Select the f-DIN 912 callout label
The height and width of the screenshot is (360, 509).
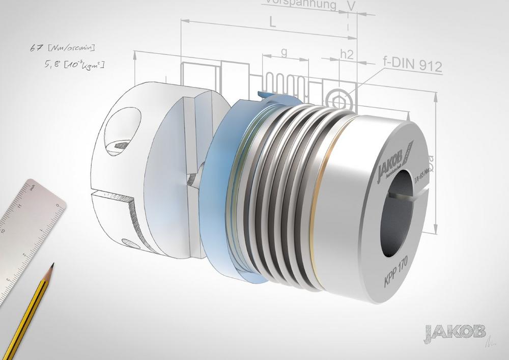coord(412,65)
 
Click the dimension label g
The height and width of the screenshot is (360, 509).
coord(284,53)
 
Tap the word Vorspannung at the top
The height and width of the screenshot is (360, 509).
coord(300,5)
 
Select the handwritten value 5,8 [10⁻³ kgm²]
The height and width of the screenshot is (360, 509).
coord(75,65)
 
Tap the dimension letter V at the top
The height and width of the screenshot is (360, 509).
coord(350,5)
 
